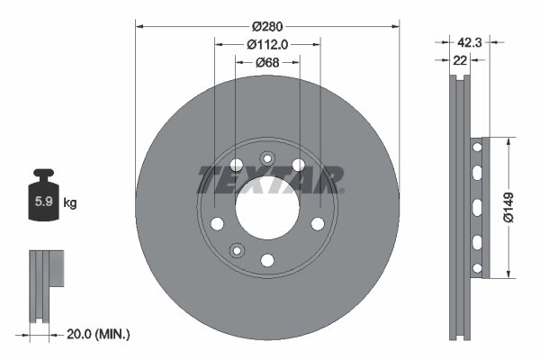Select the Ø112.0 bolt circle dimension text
[x=267, y=43]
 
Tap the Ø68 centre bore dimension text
[x=267, y=62]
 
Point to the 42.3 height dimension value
[x=469, y=41]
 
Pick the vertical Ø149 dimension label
[x=508, y=207]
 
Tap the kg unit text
[x=70, y=203]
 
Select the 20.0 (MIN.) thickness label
[x=99, y=334]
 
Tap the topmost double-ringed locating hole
[x=266, y=159]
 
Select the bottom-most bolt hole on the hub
[x=267, y=260]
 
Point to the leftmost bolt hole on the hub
[x=217, y=223]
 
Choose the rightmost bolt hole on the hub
[x=317, y=223]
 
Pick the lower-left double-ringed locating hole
[x=237, y=249]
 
